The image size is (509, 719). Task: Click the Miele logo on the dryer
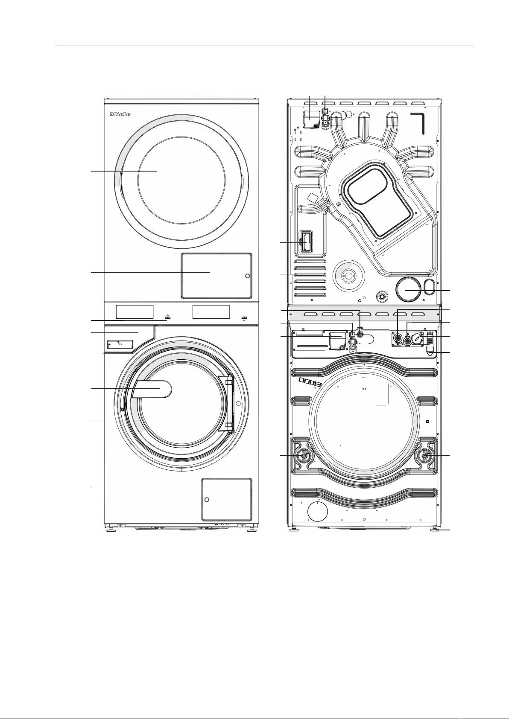pos(120,114)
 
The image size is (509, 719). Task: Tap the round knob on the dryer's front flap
pos(247,276)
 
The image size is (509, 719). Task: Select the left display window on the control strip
pos(135,312)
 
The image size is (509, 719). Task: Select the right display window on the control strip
pos(211,312)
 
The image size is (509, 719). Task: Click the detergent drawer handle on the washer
pos(120,344)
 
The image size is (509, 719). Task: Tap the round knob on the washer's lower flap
pos(207,499)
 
